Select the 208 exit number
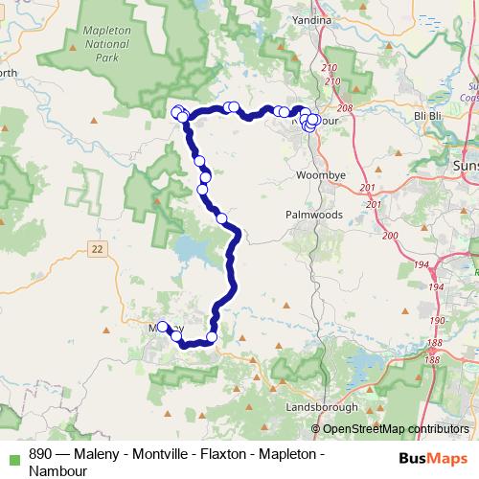346,108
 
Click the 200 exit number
389,235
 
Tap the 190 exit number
437,320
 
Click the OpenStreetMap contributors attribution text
395,428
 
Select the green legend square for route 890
12,454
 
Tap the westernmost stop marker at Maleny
162,325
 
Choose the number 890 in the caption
41,453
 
